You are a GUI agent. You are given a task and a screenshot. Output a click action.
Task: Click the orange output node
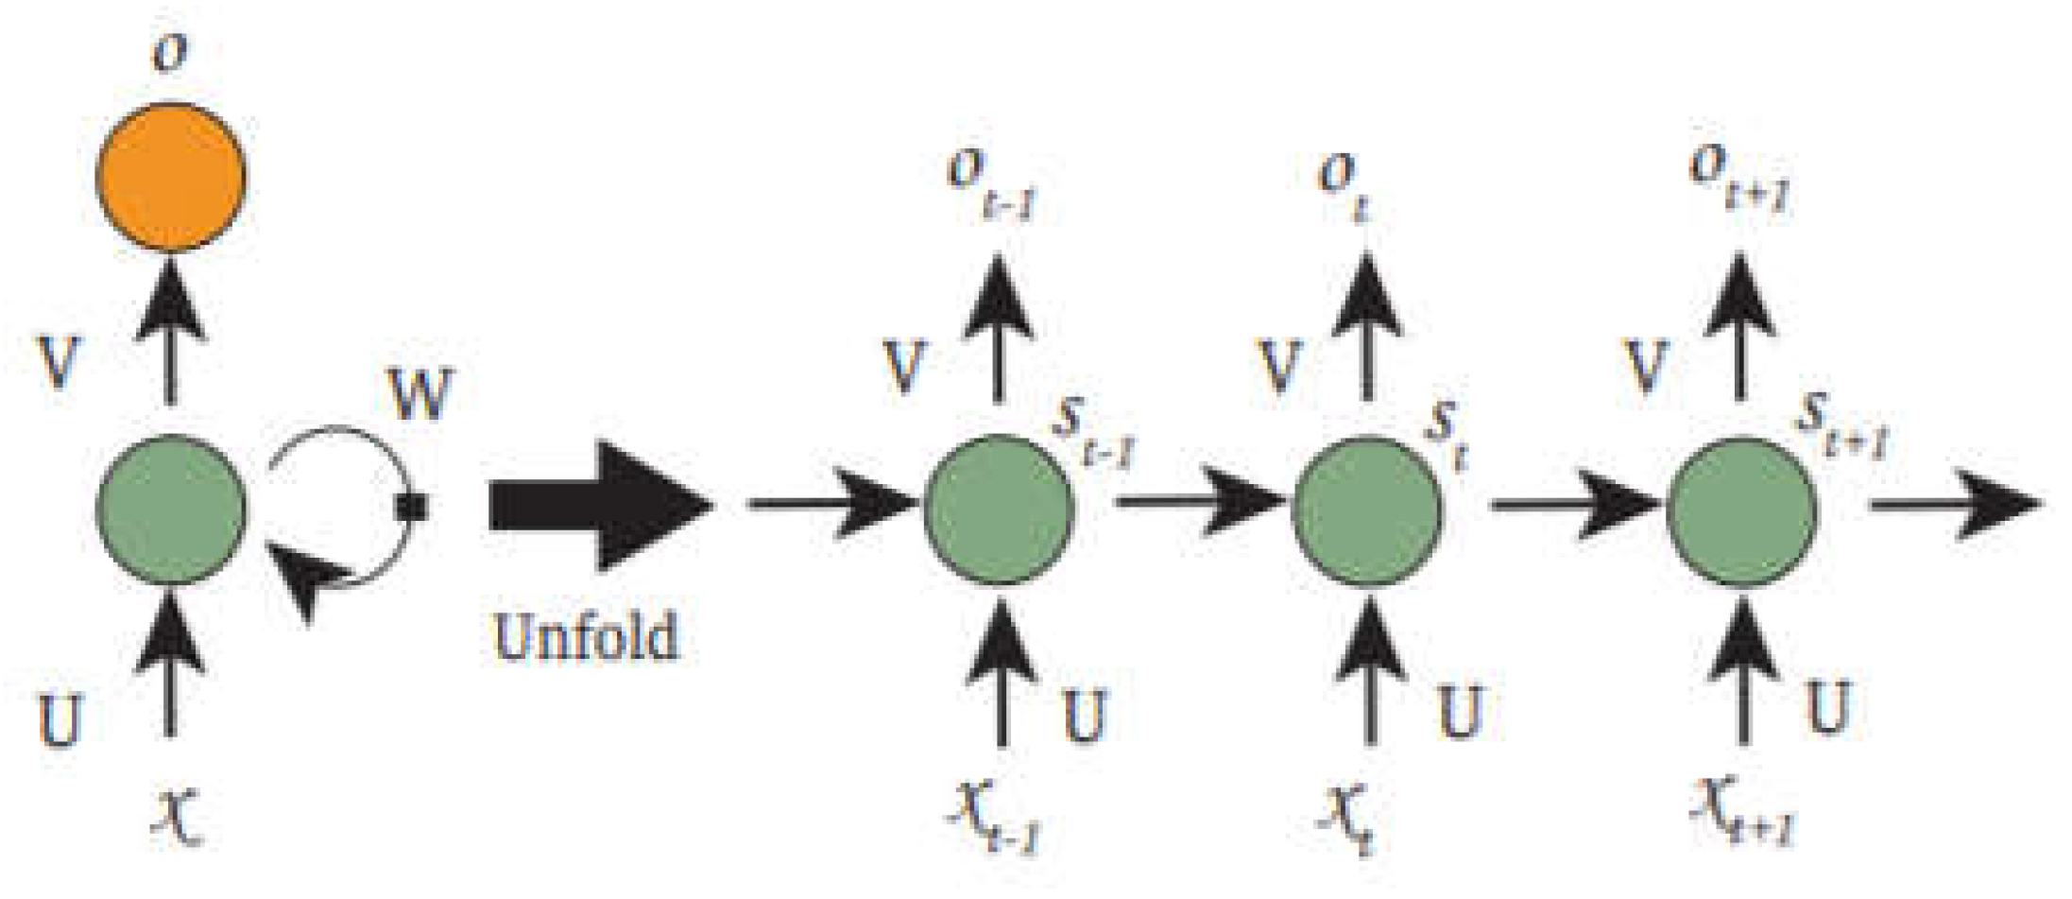[171, 177]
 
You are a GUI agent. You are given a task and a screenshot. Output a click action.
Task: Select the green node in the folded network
[171, 509]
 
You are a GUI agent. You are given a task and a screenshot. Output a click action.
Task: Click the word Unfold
[586, 636]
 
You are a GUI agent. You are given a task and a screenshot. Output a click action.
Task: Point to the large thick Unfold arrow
[600, 506]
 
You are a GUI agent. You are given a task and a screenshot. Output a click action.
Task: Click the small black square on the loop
[413, 508]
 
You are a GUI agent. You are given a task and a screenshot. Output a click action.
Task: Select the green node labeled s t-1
[998, 509]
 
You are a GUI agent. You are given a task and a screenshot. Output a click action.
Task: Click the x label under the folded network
[177, 815]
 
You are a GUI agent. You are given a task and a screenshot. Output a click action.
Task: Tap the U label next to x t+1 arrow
[1827, 707]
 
